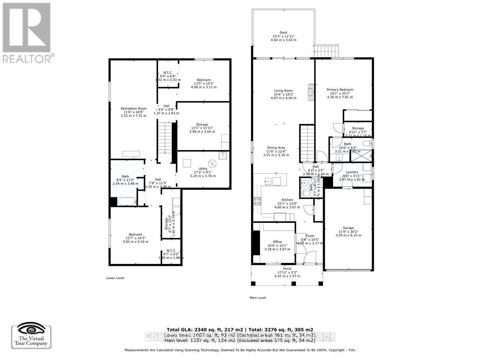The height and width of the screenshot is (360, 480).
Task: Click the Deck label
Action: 283,32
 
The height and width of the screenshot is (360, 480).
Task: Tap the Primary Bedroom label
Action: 340,90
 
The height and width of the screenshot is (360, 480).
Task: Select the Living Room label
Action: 283,91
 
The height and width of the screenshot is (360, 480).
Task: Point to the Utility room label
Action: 203,168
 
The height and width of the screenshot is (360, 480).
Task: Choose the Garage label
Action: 348,228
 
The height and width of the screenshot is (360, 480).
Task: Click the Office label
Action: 277,242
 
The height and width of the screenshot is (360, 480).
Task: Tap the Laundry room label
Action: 351,172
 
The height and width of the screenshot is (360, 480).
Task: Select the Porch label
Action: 287,269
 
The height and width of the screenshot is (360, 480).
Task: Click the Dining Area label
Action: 276,148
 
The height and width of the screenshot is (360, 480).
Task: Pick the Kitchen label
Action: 287,200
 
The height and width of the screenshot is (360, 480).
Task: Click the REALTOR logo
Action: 27,33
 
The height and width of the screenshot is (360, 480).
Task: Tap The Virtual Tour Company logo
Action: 31,337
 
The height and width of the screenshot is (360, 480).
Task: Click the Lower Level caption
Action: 115,278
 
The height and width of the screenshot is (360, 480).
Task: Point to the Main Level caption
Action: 257,298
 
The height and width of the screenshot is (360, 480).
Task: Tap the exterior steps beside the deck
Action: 327,51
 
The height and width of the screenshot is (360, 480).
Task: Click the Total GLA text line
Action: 239,329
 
